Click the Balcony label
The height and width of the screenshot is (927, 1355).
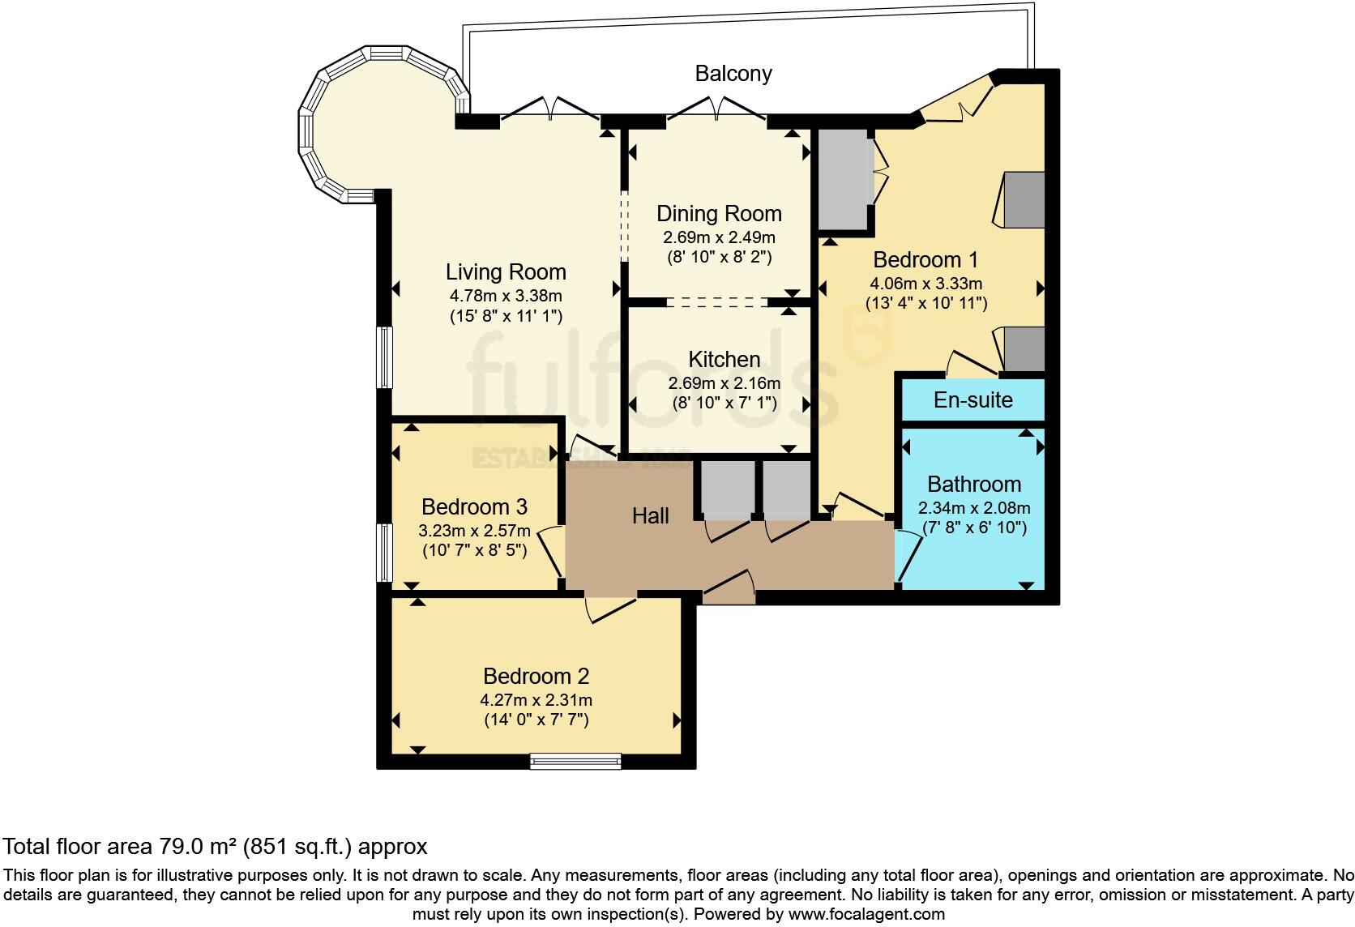[733, 74]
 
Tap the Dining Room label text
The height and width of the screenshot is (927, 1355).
[719, 214]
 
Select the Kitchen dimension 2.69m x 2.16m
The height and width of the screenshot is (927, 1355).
[724, 383]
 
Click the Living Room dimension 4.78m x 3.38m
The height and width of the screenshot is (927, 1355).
[506, 296]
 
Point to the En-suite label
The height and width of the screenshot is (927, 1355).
[972, 399]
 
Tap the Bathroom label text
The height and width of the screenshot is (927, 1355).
[973, 485]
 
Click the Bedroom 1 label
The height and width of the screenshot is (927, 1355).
[925, 260]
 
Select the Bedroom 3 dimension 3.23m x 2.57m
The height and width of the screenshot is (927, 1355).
[474, 532]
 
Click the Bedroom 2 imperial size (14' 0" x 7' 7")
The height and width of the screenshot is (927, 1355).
[536, 720]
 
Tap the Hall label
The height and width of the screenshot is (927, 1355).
[650, 516]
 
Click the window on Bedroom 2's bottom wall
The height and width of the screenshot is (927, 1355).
[575, 761]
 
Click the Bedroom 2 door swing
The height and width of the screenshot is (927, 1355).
[609, 609]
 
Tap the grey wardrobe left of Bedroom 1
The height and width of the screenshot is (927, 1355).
[843, 179]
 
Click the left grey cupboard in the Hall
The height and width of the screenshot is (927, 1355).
[727, 489]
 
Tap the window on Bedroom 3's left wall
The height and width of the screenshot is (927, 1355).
[384, 552]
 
